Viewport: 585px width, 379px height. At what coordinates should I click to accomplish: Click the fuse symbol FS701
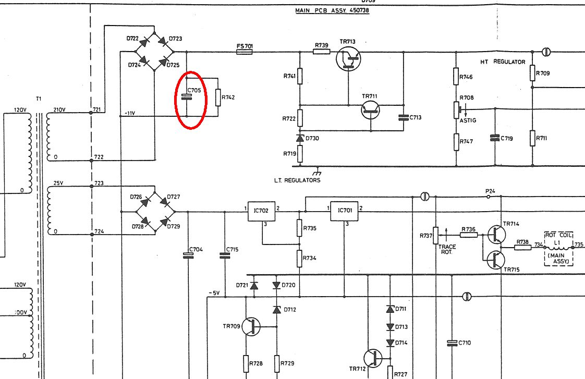tap(245, 52)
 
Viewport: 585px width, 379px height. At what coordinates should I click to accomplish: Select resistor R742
tap(218, 97)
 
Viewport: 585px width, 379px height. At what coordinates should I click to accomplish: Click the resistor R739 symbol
tap(321, 52)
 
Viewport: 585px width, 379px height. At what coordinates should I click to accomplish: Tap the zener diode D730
tap(300, 139)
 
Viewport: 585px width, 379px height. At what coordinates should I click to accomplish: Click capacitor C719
tap(494, 138)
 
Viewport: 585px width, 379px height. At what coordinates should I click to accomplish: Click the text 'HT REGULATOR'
tap(503, 62)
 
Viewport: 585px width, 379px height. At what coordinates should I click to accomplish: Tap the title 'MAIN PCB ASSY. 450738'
tap(332, 10)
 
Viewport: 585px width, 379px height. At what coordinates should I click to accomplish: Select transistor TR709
tap(252, 327)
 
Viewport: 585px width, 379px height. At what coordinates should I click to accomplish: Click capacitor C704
tap(188, 255)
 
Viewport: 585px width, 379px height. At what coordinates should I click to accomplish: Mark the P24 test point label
tap(490, 191)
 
